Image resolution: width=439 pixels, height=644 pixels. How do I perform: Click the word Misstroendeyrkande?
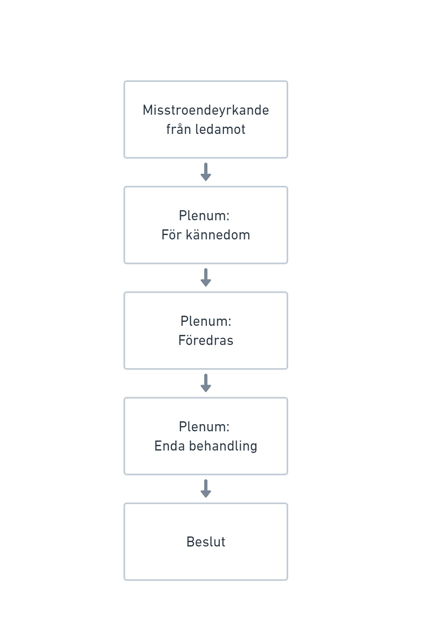click(206, 110)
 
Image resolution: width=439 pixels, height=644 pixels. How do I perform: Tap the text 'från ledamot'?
click(206, 129)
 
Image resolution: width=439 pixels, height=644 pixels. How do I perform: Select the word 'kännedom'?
click(218, 235)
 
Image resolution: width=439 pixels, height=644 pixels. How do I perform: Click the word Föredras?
click(206, 340)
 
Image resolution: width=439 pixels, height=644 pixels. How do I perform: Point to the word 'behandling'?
click(223, 446)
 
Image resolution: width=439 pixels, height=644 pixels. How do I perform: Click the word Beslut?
click(206, 542)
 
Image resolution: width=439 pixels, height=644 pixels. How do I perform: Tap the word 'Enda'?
click(169, 446)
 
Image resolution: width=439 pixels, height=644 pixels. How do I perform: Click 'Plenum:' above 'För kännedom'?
click(204, 216)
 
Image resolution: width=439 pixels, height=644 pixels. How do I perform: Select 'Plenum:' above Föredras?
click(206, 321)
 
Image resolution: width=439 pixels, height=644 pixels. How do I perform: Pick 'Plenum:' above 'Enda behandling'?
click(204, 427)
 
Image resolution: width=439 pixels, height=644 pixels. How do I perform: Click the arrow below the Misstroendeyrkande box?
click(206, 172)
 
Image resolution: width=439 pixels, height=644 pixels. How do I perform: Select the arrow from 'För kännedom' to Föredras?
click(206, 277)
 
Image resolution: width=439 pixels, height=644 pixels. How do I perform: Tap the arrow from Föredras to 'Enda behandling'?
click(206, 383)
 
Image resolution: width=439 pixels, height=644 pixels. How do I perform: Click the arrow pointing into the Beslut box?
click(206, 489)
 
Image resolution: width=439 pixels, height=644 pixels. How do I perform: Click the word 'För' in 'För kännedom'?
click(171, 235)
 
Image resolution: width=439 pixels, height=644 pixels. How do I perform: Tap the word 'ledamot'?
click(220, 129)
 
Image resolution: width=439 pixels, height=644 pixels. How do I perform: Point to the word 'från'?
click(179, 129)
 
